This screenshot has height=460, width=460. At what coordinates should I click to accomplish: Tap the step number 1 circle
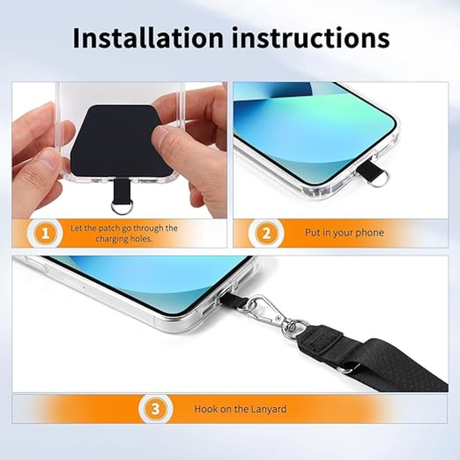pyautogui.click(x=45, y=233)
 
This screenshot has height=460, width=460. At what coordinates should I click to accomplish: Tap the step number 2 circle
pyautogui.click(x=266, y=233)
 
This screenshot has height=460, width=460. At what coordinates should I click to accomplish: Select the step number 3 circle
pyautogui.click(x=155, y=409)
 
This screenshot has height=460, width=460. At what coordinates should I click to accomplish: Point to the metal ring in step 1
pyautogui.click(x=122, y=207)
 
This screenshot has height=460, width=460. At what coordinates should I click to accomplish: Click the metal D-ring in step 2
pyautogui.click(x=379, y=177)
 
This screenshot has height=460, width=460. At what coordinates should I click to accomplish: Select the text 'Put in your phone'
pyautogui.click(x=345, y=233)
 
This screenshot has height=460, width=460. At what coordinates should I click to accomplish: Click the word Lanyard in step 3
pyautogui.click(x=267, y=409)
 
